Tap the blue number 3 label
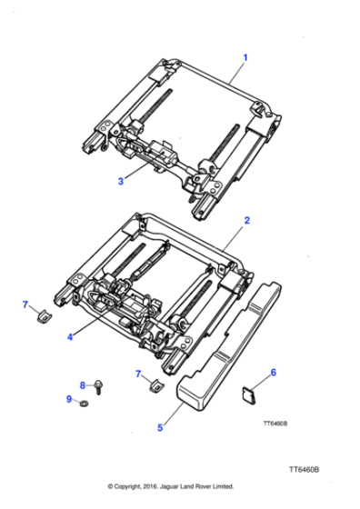pyautogui.click(x=120, y=181)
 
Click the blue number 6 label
pyautogui.click(x=274, y=371)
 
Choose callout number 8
pyautogui.click(x=82, y=384)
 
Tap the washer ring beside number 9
pyautogui.click(x=85, y=402)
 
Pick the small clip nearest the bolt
pyautogui.click(x=154, y=388)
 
